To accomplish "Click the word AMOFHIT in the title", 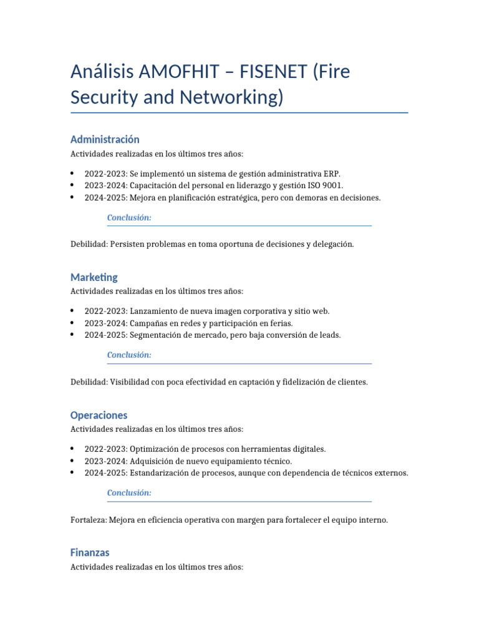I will pos(186,72).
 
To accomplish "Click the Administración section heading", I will pos(105,139).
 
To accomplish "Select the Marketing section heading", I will pos(94,277).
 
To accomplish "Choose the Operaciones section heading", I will pos(99,415).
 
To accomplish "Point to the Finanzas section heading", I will pos(90,553).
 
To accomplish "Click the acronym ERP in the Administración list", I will pos(332,174).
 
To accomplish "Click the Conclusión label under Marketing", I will pos(129,355).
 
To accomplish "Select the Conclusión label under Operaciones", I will pos(129,493).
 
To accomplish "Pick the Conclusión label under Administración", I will pos(129,217).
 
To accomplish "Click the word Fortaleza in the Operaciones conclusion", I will pos(89,520).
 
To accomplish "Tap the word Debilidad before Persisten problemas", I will pos(89,244).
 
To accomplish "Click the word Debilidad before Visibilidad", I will pos(89,382).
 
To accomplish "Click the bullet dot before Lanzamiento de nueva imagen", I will pos(73,311).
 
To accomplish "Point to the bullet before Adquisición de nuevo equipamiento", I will pos(73,461).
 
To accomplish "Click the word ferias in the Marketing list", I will pos(281,323).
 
